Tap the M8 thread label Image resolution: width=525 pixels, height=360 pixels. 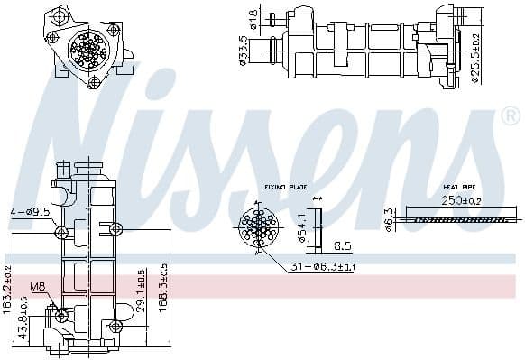click(37, 288)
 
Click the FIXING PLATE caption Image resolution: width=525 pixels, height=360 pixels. click(286, 188)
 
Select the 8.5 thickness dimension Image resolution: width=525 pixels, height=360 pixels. click(343, 245)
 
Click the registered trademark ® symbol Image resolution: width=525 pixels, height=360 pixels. click(510, 115)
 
